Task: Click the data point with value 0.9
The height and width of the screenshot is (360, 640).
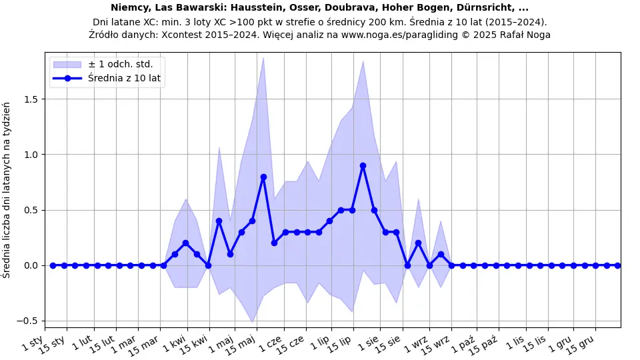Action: [x=363, y=165]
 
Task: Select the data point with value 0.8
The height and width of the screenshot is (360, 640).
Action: [x=263, y=177]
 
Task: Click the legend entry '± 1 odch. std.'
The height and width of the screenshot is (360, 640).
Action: [x=120, y=64]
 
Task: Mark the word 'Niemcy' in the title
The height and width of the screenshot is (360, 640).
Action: [x=129, y=9]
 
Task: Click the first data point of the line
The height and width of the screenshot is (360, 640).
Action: [x=53, y=265]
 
